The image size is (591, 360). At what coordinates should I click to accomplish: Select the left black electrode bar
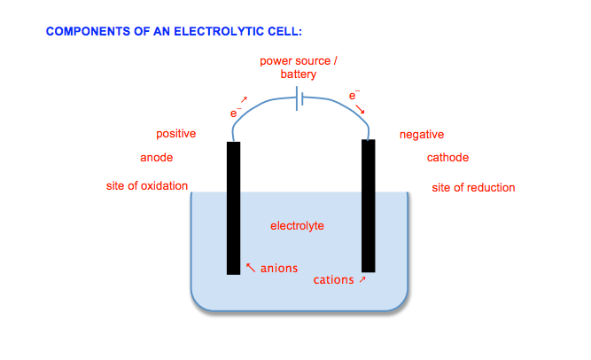point(233,207)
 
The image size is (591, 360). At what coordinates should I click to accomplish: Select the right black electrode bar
point(369,204)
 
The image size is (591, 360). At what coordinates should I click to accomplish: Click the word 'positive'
point(176,134)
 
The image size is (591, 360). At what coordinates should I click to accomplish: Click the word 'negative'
point(422,135)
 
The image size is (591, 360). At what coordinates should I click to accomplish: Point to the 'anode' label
point(157,158)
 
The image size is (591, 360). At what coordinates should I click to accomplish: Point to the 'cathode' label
point(447,158)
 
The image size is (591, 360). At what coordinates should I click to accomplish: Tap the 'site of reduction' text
point(473,187)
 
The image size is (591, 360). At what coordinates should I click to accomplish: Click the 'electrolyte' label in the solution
point(297,226)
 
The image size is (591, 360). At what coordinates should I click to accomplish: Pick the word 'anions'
point(279,268)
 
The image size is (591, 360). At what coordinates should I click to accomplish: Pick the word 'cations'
point(334,280)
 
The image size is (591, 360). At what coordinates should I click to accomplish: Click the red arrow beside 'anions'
point(251,266)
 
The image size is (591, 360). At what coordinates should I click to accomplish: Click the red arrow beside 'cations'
point(362,279)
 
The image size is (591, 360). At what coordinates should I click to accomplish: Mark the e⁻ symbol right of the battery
point(354,95)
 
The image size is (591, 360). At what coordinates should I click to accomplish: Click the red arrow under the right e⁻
point(361,110)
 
